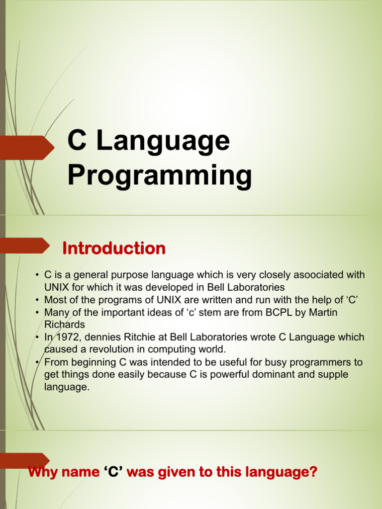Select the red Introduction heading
114,248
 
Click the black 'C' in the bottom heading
113,472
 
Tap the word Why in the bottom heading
43,472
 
